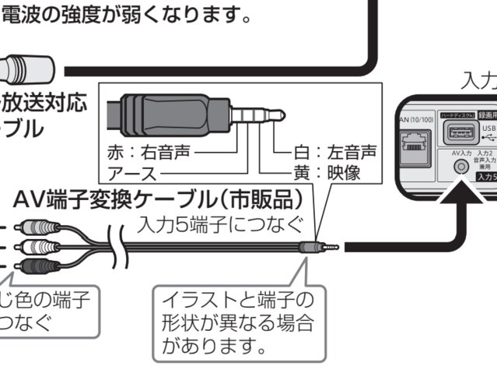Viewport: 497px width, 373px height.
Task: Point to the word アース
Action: pyautogui.click(x=131, y=173)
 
